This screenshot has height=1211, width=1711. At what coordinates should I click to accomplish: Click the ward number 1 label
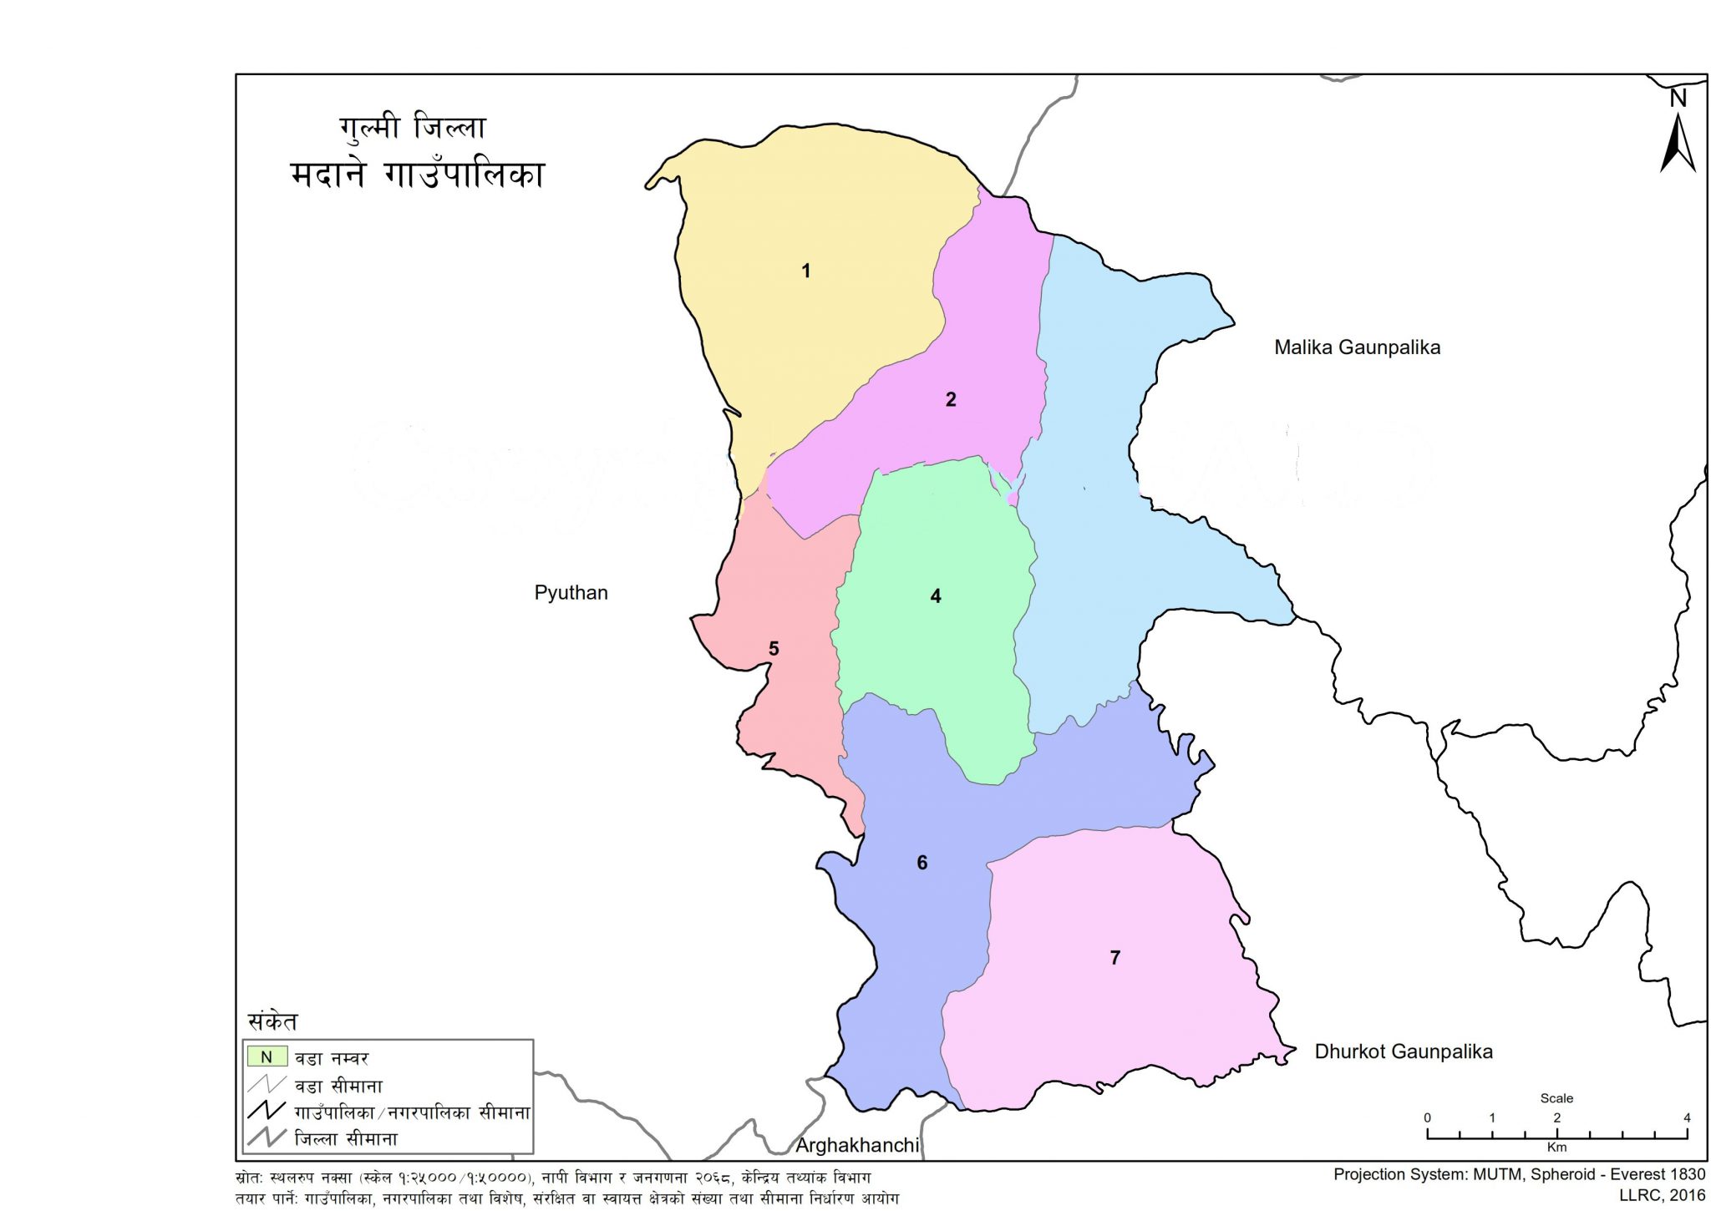(x=805, y=271)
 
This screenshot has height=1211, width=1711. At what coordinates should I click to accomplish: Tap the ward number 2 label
(x=950, y=399)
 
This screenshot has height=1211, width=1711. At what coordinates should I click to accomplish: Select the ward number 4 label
(x=935, y=596)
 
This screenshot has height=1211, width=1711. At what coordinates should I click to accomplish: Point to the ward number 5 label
(x=774, y=649)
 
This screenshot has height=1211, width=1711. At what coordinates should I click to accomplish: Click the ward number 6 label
(x=922, y=863)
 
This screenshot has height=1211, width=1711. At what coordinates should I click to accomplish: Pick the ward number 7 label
(x=1114, y=958)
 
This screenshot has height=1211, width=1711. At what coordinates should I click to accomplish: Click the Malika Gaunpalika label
(x=1357, y=347)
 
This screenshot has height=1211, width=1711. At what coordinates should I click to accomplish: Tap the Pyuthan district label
(x=571, y=593)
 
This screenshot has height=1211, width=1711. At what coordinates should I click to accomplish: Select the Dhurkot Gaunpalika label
(x=1403, y=1051)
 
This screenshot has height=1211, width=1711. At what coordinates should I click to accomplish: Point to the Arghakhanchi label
(x=856, y=1145)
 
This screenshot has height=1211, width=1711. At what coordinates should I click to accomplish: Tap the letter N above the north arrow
(x=1678, y=99)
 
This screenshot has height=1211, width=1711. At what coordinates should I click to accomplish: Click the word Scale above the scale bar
(x=1556, y=1098)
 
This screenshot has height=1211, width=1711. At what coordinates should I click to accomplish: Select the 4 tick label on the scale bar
(x=1686, y=1117)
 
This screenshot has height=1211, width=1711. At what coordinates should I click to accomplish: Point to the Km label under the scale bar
(x=1556, y=1148)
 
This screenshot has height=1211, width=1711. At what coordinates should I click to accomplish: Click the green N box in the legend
(x=267, y=1056)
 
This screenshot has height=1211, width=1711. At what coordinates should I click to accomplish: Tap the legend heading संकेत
(x=272, y=1021)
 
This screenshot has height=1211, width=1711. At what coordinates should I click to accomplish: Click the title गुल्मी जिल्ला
(x=412, y=128)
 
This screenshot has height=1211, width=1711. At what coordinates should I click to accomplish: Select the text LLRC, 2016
(x=1662, y=1195)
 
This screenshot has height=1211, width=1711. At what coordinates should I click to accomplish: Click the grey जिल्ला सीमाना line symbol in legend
(x=267, y=1138)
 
